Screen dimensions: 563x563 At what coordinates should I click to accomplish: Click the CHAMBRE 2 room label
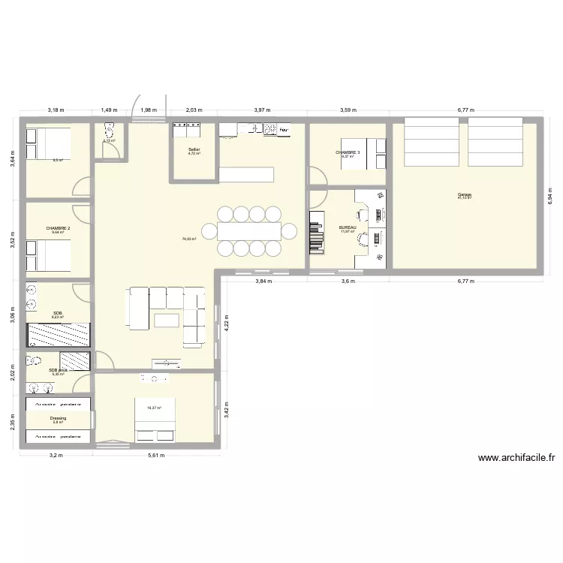(x=58, y=228)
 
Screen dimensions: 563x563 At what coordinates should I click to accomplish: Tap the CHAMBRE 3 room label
(x=348, y=152)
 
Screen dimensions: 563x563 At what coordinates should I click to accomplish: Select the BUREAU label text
(x=347, y=227)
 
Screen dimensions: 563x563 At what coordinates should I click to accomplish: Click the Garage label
(x=465, y=194)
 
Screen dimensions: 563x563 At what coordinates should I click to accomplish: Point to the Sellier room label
(x=194, y=150)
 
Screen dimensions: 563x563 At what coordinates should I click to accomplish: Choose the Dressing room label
(x=58, y=418)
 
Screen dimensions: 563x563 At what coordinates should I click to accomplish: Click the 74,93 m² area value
(x=188, y=239)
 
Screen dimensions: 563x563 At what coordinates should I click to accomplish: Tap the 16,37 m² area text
(x=155, y=408)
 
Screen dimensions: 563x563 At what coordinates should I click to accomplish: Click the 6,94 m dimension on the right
(x=550, y=197)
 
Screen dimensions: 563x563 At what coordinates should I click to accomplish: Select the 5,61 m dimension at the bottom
(x=155, y=455)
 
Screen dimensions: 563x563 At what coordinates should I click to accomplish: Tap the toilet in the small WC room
(x=106, y=129)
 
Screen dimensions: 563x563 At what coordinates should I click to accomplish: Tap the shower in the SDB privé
(x=76, y=361)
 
